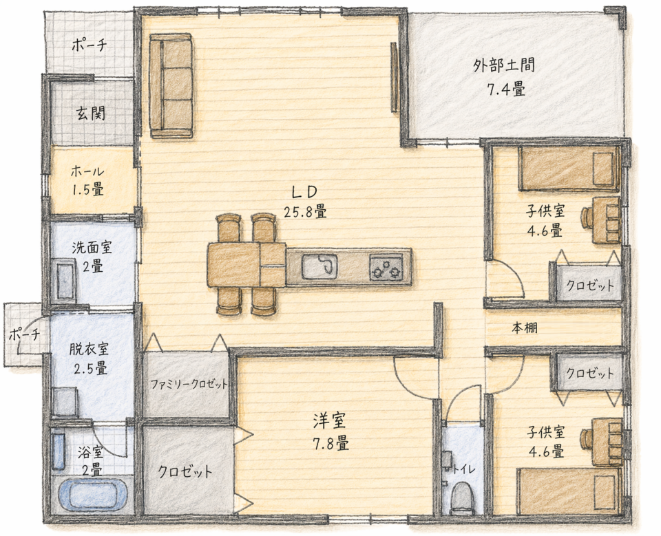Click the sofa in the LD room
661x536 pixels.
point(171,85)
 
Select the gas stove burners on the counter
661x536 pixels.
point(386,268)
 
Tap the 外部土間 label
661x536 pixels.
point(505,66)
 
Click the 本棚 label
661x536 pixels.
point(525,328)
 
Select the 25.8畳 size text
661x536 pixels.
point(305,212)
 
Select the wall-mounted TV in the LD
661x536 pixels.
point(395,76)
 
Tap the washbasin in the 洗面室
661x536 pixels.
point(65,280)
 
